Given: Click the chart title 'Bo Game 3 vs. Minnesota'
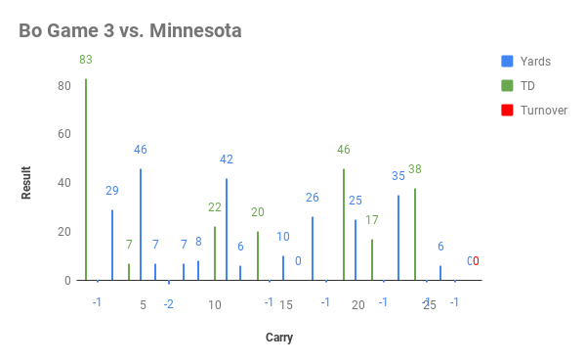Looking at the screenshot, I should pyautogui.click(x=130, y=30).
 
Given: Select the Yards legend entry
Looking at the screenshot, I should pyautogui.click(x=534, y=61).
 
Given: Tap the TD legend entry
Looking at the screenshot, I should pyautogui.click(x=526, y=85).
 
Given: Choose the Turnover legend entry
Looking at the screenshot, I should pyautogui.click(x=543, y=110).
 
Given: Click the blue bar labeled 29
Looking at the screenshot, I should pyautogui.click(x=112, y=245).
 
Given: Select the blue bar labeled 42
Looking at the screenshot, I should pyautogui.click(x=227, y=229).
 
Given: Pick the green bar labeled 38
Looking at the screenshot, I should pyautogui.click(x=415, y=234).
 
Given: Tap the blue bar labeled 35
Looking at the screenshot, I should pyautogui.click(x=398, y=238).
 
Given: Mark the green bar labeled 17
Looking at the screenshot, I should pyautogui.click(x=372, y=259).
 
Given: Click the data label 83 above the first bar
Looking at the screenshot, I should pyautogui.click(x=86, y=60).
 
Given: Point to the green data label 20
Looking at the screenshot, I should pyautogui.click(x=258, y=212).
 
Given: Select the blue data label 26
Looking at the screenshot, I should pyautogui.click(x=313, y=198).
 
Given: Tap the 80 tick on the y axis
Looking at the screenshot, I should pyautogui.click(x=64, y=85).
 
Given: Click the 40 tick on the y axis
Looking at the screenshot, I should pyautogui.click(x=64, y=183).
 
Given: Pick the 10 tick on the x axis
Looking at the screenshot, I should pyautogui.click(x=215, y=305).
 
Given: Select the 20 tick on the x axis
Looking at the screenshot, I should pyautogui.click(x=358, y=305).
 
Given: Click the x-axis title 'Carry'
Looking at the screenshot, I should pyautogui.click(x=279, y=338).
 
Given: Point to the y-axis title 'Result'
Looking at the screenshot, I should pyautogui.click(x=27, y=183).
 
